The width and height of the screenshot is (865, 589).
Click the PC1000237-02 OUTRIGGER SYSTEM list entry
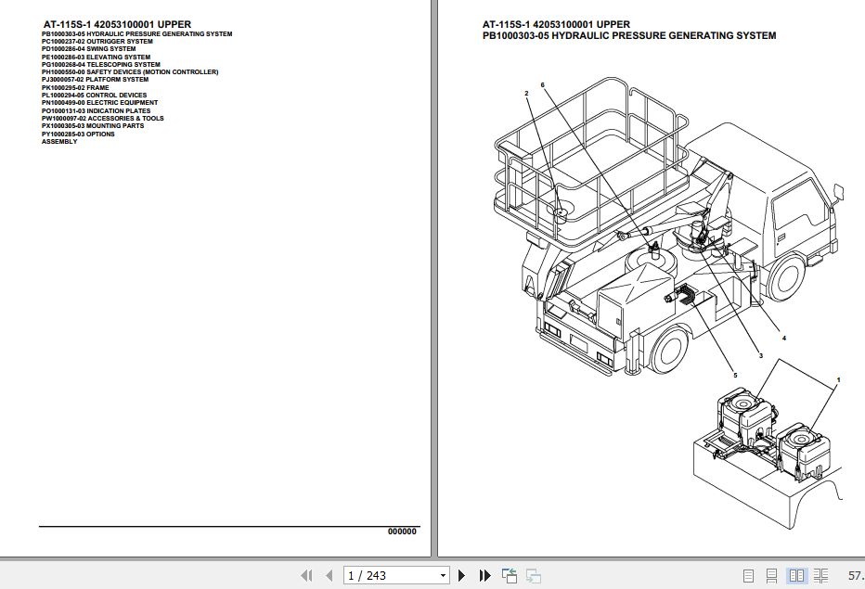coord(97,42)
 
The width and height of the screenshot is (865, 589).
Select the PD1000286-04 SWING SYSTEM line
coord(88,49)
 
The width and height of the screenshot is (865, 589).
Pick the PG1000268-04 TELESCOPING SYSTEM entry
coord(100,65)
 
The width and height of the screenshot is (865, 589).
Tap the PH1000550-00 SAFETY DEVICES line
coord(130,72)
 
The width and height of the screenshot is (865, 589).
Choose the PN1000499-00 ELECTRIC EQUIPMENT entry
coord(99,103)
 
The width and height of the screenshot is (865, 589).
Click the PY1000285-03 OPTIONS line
coord(78,134)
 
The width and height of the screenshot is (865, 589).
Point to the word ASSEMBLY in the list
coord(59,142)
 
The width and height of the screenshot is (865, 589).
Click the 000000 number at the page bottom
coord(402,531)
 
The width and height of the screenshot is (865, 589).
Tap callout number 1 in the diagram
coord(838,380)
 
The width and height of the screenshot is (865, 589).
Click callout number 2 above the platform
coord(526,94)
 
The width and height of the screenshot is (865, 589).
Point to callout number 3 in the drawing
coord(760,355)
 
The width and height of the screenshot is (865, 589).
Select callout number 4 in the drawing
coord(783,339)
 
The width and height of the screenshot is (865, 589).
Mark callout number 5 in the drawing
coord(735,375)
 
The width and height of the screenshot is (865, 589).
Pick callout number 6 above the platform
coord(543,85)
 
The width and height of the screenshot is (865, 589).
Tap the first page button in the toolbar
coord(306,576)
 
